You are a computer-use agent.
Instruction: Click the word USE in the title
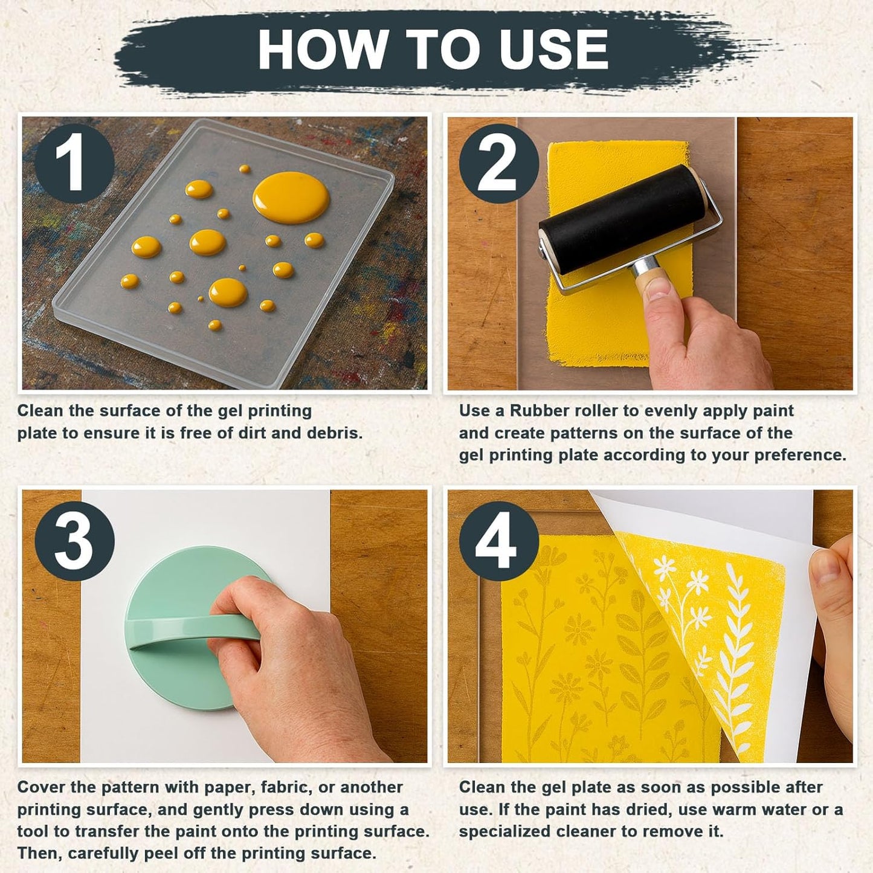(554, 49)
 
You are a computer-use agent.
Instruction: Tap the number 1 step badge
(74, 164)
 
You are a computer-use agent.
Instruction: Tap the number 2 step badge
(498, 164)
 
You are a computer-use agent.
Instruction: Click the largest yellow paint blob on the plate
(291, 198)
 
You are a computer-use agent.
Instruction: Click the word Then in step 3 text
(39, 853)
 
